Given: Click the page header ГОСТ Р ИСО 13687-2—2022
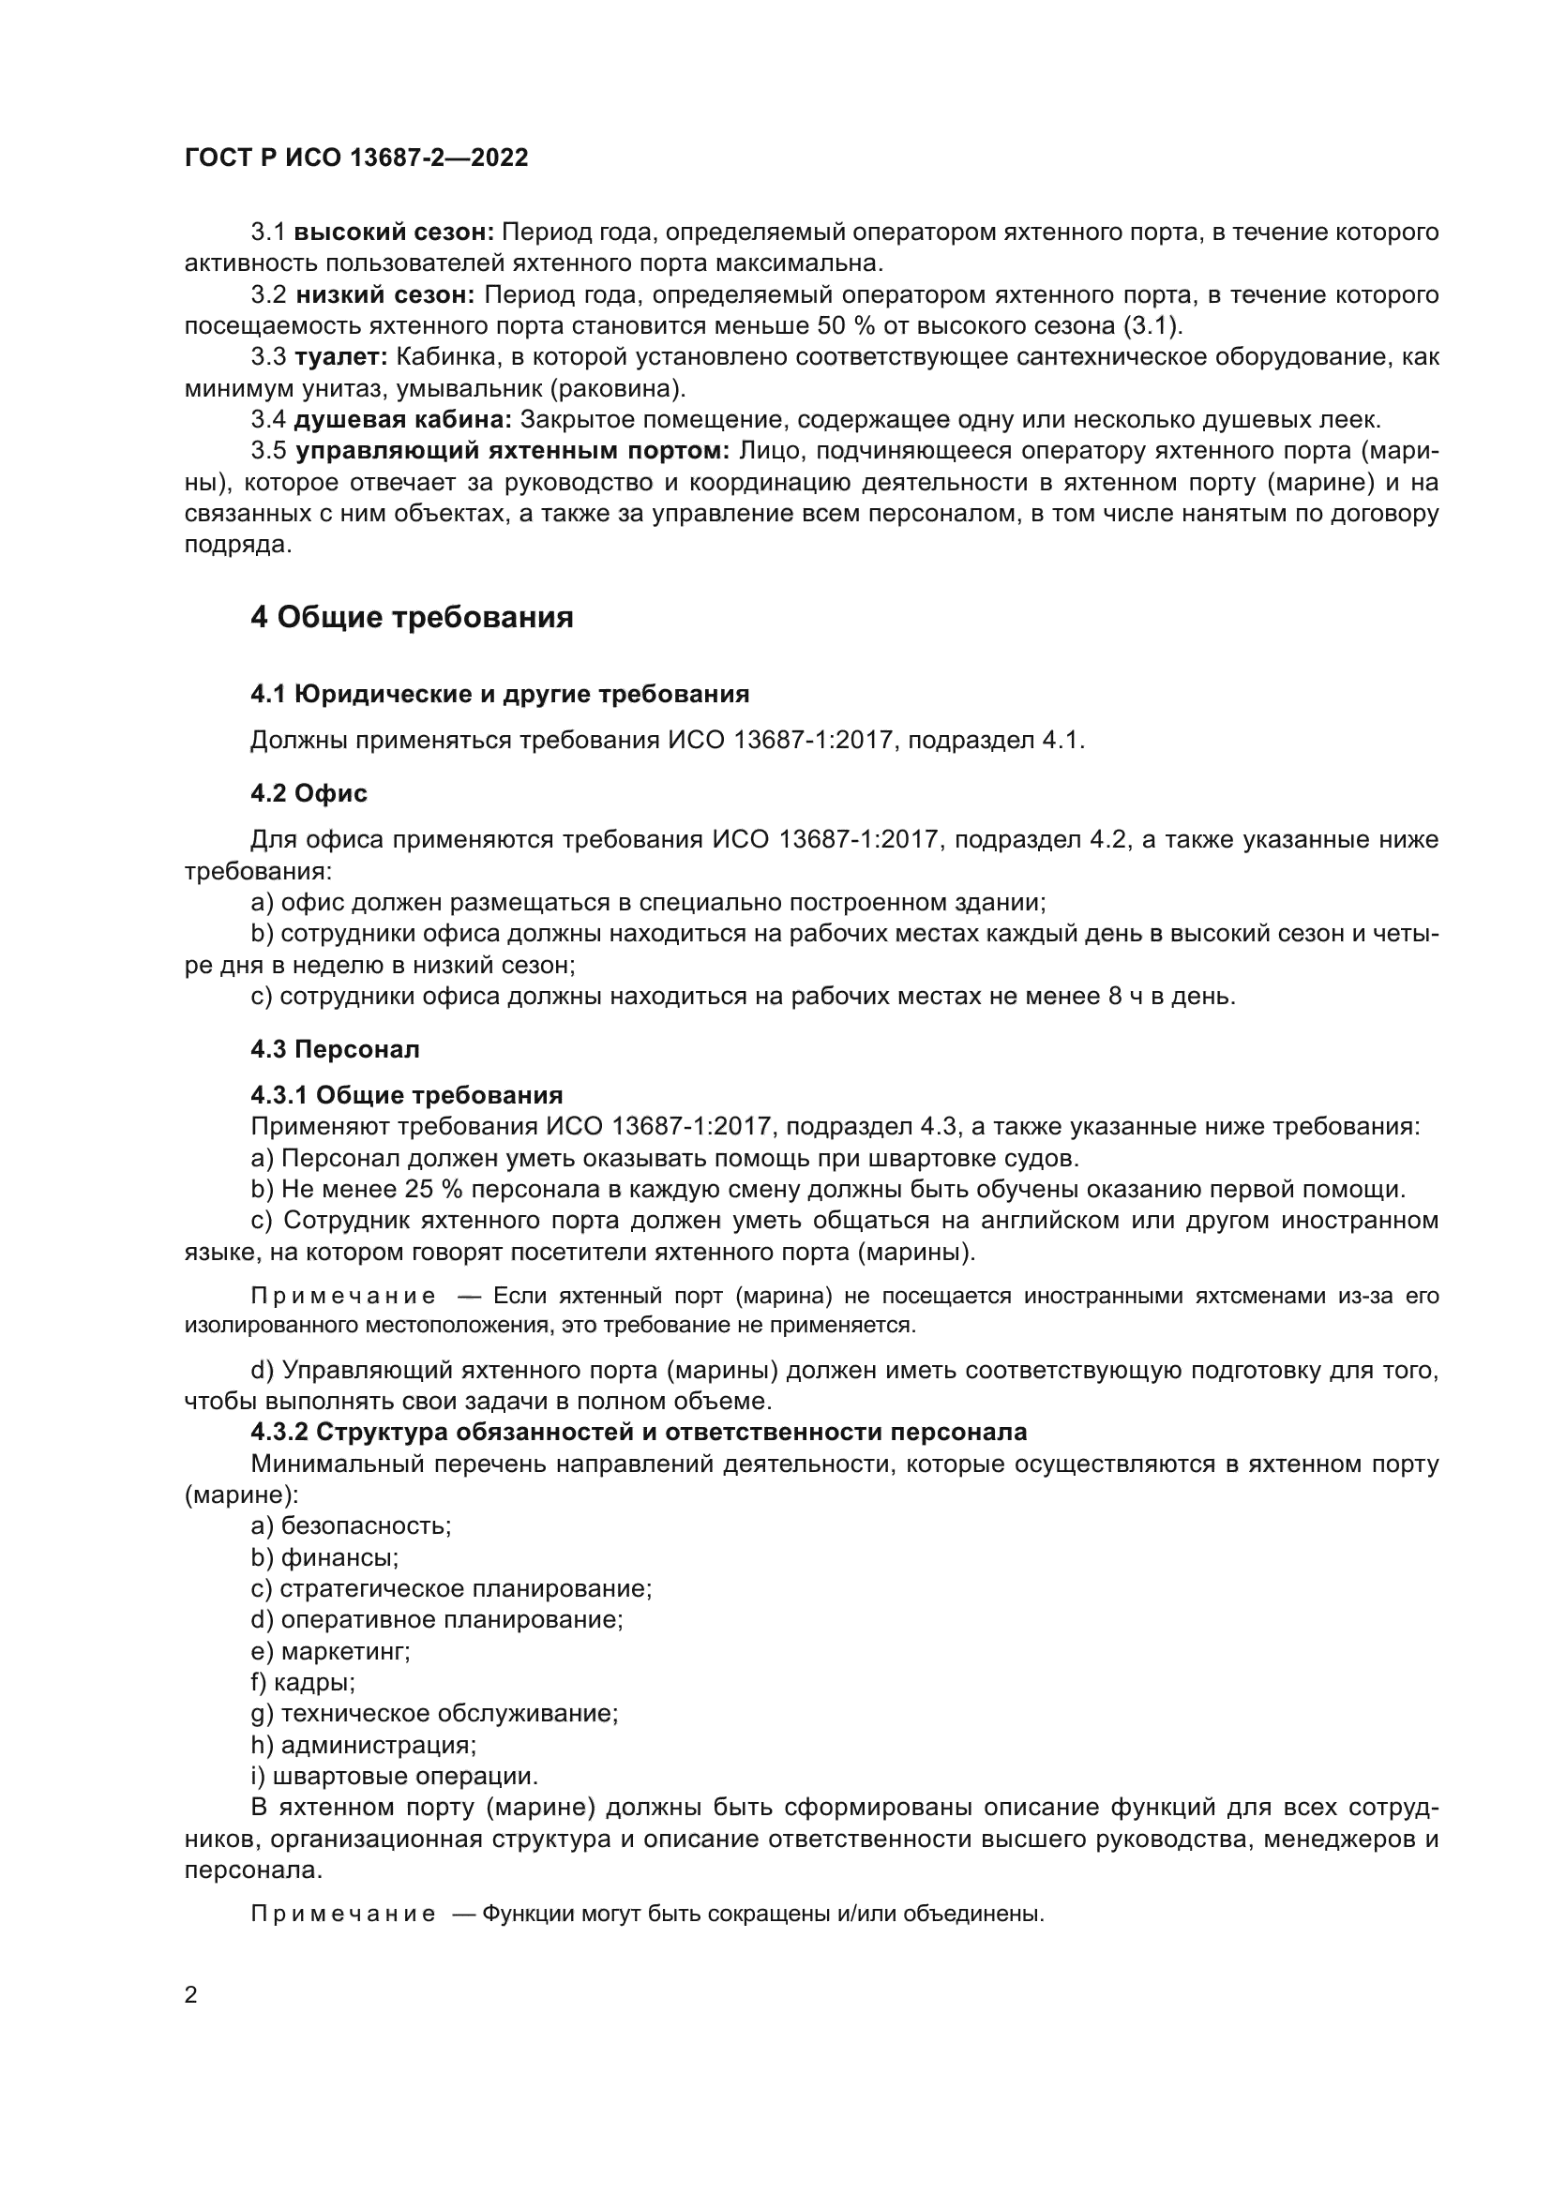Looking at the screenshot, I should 356,158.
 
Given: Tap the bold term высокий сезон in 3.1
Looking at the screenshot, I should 394,233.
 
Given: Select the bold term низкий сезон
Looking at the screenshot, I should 384,295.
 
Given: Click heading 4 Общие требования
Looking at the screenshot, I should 412,618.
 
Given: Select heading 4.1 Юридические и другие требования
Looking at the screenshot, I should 500,694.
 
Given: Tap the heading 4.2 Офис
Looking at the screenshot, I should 309,793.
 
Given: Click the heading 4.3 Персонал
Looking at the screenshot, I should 335,1050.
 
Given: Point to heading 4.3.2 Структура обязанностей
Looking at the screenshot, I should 638,1432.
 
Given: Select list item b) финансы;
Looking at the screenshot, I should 324,1558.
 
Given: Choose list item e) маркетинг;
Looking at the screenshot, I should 330,1651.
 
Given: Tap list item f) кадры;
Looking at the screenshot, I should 303,1683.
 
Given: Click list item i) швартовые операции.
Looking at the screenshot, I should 395,1777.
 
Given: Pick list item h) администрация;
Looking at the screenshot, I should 363,1745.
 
